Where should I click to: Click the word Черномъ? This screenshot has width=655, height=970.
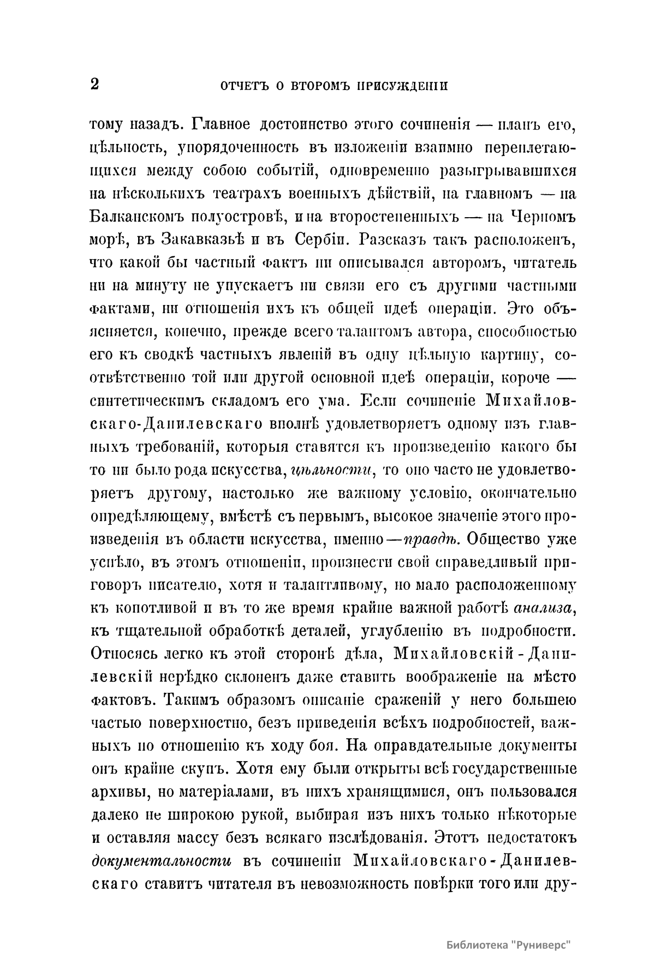click(x=540, y=216)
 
